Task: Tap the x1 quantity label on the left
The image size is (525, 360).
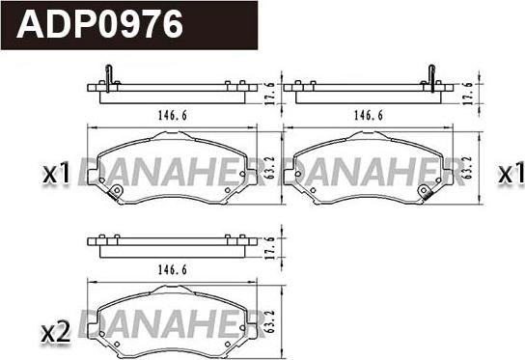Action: click(x=58, y=174)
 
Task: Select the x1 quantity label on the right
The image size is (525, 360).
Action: click(x=509, y=174)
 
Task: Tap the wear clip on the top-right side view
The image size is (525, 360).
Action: click(x=431, y=76)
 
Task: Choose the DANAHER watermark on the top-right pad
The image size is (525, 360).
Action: click(x=376, y=171)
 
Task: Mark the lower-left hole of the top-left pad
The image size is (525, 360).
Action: click(x=116, y=192)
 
